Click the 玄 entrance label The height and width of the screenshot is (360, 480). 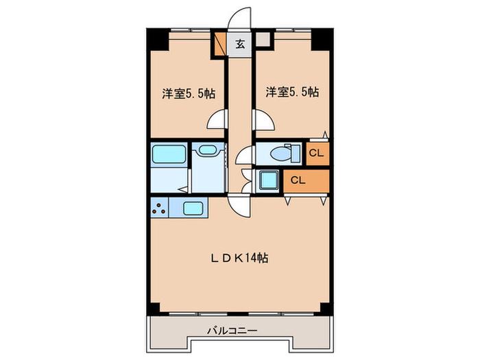(240, 45)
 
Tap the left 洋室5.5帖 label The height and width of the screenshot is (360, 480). (189, 93)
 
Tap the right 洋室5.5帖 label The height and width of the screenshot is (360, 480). (292, 92)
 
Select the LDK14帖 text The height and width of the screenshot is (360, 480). (240, 259)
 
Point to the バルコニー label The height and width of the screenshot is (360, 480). (232, 331)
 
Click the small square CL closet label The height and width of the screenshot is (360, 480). (316, 153)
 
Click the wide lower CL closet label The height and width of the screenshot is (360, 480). (298, 180)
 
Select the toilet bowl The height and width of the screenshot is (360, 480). (280, 154)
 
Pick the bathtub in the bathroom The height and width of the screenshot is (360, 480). (169, 154)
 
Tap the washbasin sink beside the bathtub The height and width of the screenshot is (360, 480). (207, 150)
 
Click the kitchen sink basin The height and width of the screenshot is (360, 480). (193, 208)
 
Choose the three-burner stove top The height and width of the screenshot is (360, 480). (160, 208)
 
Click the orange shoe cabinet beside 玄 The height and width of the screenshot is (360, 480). (220, 43)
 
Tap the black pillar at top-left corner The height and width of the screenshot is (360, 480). (158, 39)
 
